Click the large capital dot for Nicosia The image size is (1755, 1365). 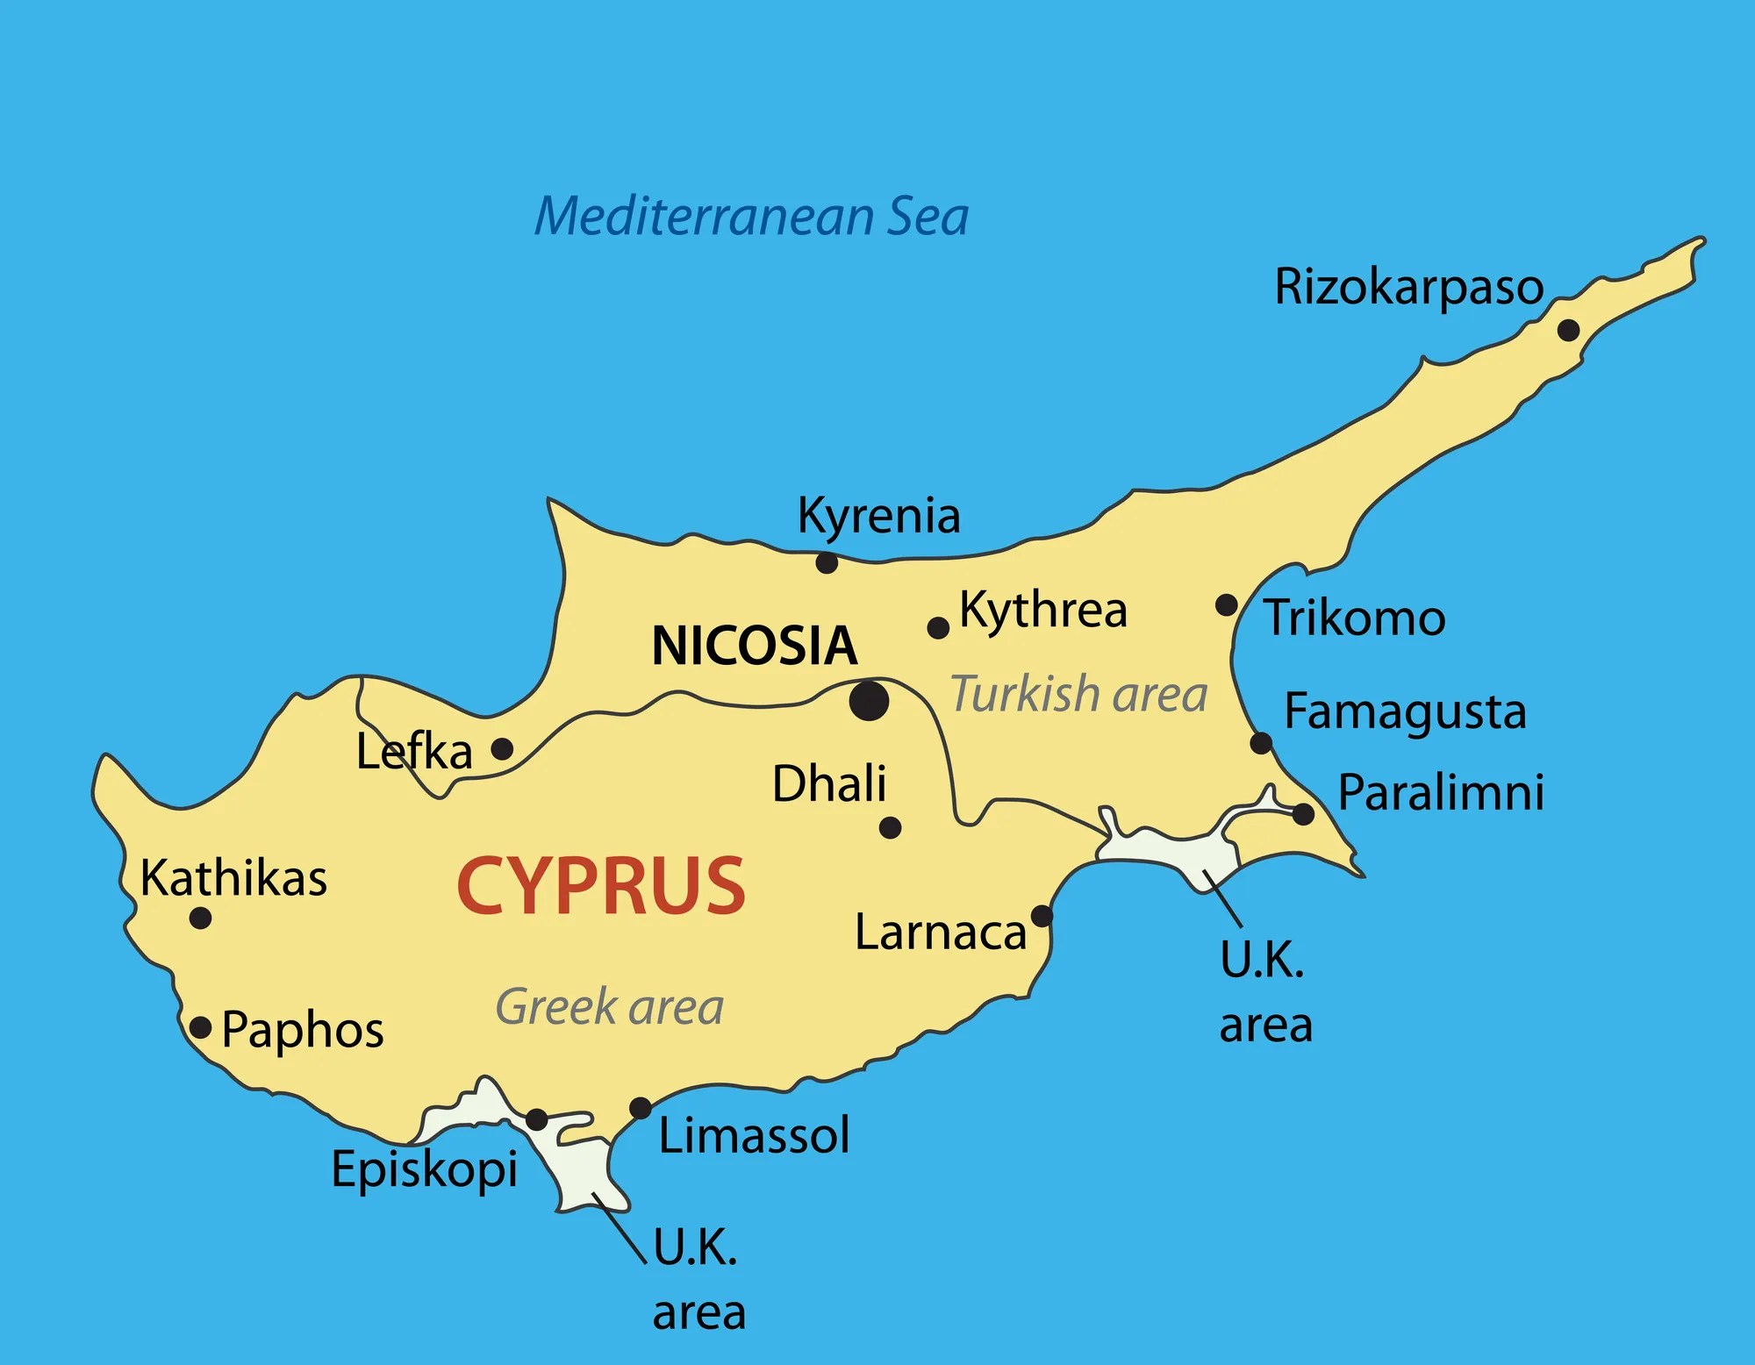pos(869,701)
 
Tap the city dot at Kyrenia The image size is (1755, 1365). pos(827,562)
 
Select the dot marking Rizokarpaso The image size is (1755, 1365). pos(1568,331)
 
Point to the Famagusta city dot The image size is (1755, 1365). pos(1261,743)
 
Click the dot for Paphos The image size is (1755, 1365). pos(201,1027)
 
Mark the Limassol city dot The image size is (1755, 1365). pos(641,1108)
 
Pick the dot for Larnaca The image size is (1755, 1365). pos(1042,916)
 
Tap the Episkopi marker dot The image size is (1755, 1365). pos(537,1119)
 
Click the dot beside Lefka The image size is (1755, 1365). pos(502,749)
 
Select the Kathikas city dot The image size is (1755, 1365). pos(200,918)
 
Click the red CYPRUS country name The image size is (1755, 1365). pos(601,886)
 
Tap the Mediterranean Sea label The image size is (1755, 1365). pos(751,217)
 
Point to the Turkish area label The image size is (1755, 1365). pos(1079,694)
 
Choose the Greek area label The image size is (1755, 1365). pos(610,1006)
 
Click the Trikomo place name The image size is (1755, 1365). pos(1354,618)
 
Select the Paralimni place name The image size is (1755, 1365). pos(1441,792)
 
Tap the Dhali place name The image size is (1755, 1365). pos(829,783)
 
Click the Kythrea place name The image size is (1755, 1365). pos(1043,609)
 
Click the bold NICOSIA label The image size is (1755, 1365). pos(755,646)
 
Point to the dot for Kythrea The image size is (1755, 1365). pos(938,628)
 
